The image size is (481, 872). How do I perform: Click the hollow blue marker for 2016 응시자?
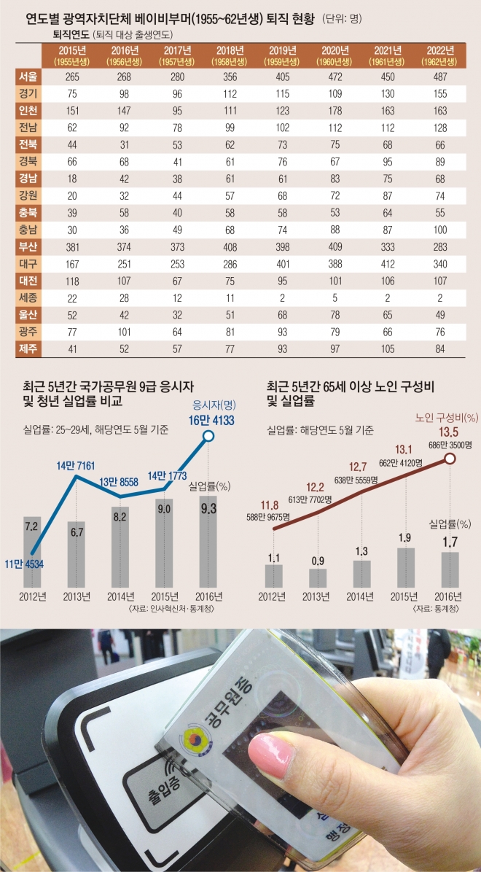208,436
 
